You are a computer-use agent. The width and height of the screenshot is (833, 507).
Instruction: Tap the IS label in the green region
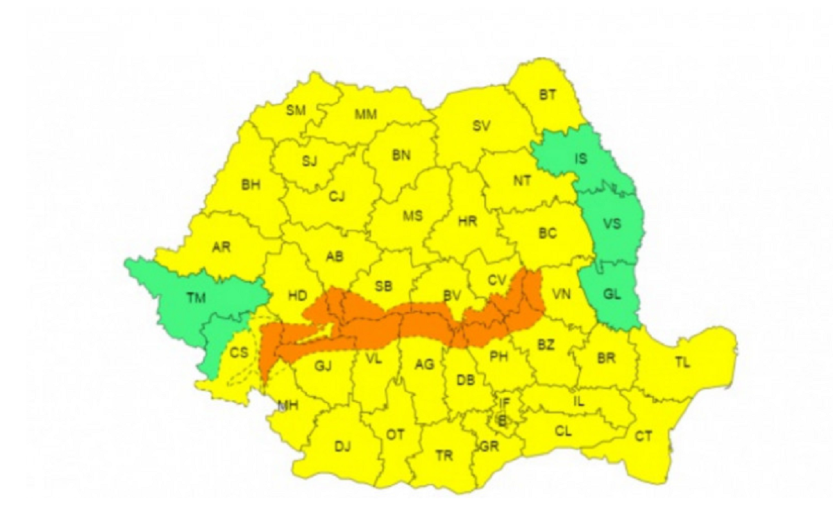581,159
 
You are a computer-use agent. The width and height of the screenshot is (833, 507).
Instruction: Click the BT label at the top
548,95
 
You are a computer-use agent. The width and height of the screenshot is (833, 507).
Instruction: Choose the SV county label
481,126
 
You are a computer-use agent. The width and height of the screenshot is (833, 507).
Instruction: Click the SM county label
296,111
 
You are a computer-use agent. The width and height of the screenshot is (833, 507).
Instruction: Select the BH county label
250,185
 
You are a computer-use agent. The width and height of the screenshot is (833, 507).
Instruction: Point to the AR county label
221,248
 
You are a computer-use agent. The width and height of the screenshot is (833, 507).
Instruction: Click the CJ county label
337,197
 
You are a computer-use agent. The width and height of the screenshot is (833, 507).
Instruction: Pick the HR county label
467,222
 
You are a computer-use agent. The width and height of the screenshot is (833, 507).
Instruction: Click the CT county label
643,436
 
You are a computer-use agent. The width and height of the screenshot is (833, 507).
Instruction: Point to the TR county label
444,456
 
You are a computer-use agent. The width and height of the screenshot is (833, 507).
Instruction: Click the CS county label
239,353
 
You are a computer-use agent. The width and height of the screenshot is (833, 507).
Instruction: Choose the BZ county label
546,345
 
